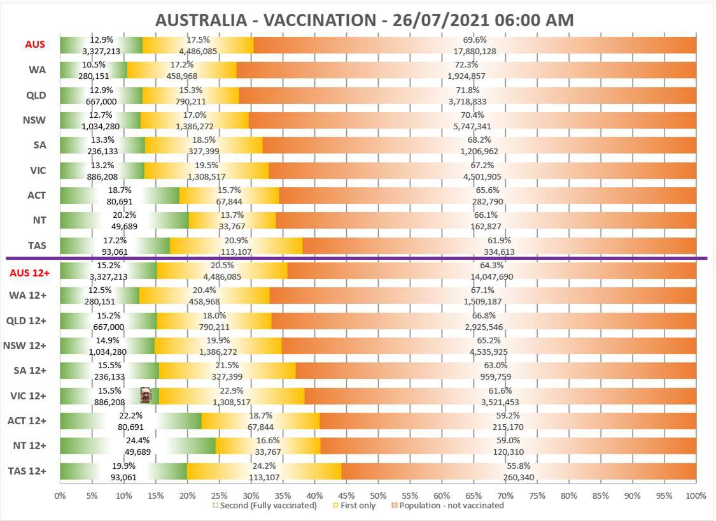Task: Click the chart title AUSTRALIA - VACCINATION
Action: click(364, 20)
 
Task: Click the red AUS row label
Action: click(34, 45)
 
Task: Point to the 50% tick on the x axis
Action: click(378, 496)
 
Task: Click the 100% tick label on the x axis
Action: click(696, 496)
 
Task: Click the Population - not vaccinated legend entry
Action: click(449, 506)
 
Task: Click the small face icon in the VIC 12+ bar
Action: click(146, 396)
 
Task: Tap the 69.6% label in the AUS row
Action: click(475, 39)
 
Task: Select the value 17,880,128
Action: click(475, 51)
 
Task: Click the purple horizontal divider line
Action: click(356, 258)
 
